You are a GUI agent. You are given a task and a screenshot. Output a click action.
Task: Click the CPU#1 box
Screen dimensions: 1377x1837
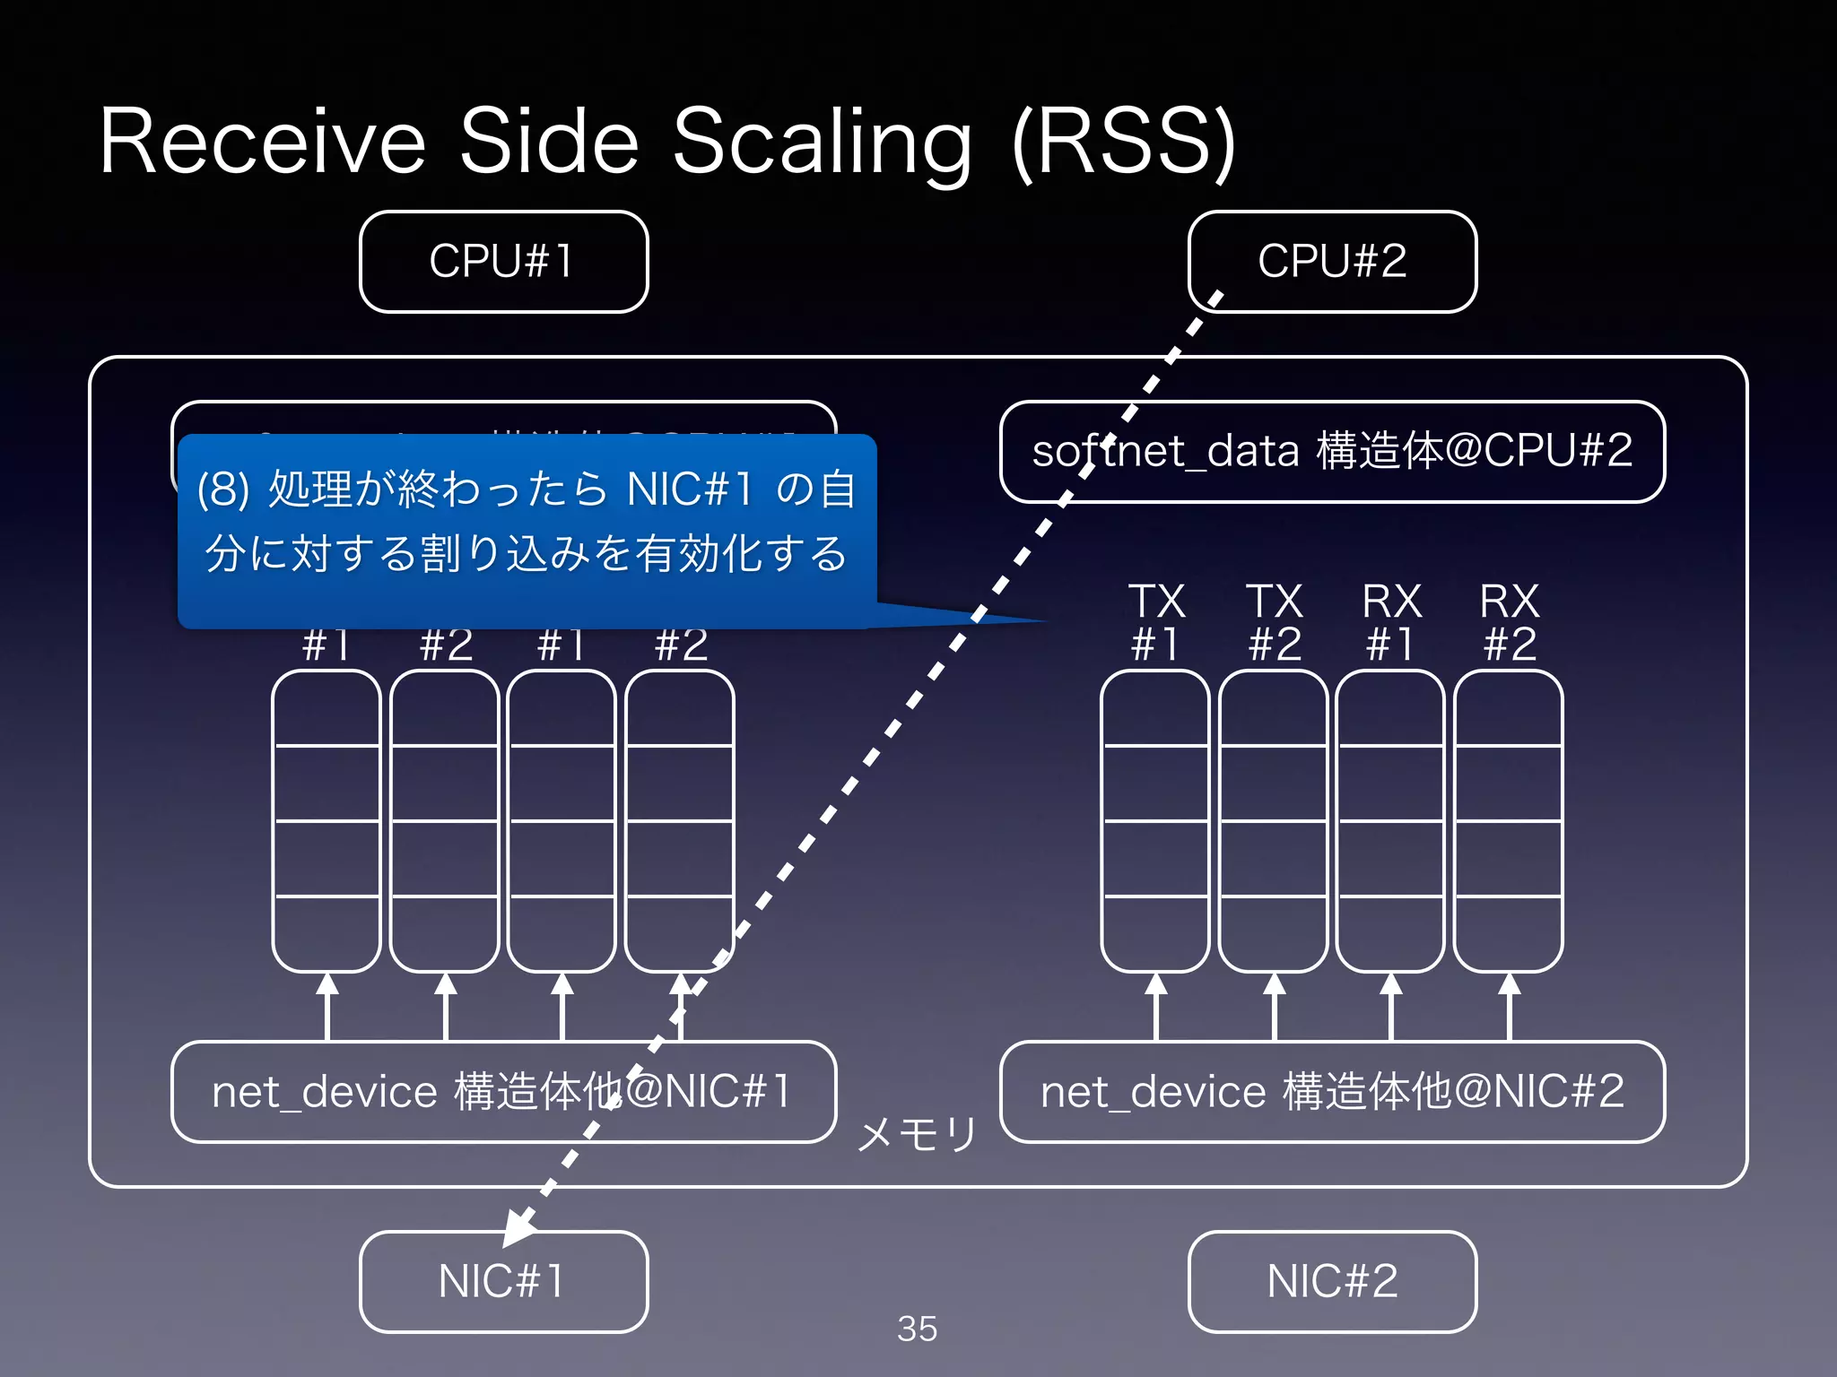503,262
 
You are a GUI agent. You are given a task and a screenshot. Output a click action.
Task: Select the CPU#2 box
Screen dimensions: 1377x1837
1332,262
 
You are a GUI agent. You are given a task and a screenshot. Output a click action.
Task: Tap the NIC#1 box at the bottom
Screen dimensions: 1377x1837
503,1281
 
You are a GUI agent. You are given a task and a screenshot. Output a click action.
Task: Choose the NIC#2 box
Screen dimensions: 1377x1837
1332,1281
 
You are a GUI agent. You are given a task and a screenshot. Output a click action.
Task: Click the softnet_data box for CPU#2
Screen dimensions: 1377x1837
1332,451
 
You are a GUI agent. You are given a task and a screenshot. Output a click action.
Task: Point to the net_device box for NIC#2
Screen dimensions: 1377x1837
1332,1092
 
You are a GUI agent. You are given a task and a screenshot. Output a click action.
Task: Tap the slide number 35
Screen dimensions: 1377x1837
917,1329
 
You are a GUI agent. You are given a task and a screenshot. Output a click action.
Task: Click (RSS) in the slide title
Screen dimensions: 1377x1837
1124,143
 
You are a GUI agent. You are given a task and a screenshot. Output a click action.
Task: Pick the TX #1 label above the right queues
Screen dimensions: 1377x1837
1155,622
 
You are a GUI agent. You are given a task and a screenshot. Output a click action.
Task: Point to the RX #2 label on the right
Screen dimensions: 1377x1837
1509,622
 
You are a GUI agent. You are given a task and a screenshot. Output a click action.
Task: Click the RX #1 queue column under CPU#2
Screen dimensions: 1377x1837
1390,820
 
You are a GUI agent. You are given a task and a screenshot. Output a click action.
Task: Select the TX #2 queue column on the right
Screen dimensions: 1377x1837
1273,820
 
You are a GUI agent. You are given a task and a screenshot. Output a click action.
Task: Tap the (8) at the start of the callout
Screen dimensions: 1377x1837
222,490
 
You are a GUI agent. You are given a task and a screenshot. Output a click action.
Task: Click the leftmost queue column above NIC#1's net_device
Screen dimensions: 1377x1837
326,820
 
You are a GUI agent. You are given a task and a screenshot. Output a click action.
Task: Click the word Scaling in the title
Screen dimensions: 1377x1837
822,143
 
